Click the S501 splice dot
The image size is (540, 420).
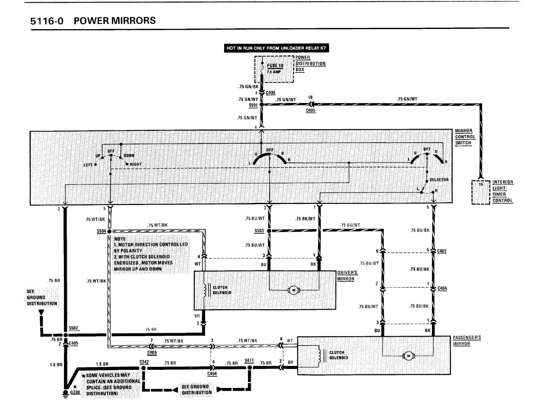point(261,104)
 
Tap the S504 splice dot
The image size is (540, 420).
point(109,231)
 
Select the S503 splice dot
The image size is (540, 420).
point(269,231)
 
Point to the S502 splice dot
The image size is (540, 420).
point(65,334)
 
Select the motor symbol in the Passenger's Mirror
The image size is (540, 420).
point(408,356)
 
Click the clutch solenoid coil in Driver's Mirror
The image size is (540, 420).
point(206,290)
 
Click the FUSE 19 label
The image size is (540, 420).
point(275,66)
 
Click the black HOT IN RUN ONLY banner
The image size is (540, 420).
point(275,48)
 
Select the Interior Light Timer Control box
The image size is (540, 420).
point(481,192)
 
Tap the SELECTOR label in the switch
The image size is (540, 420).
point(439,180)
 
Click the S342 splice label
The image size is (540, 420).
point(144,362)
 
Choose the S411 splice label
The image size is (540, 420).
point(249,360)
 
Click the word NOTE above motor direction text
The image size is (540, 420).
point(120,239)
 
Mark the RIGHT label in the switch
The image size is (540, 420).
point(136,165)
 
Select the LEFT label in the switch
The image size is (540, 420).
point(88,165)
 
